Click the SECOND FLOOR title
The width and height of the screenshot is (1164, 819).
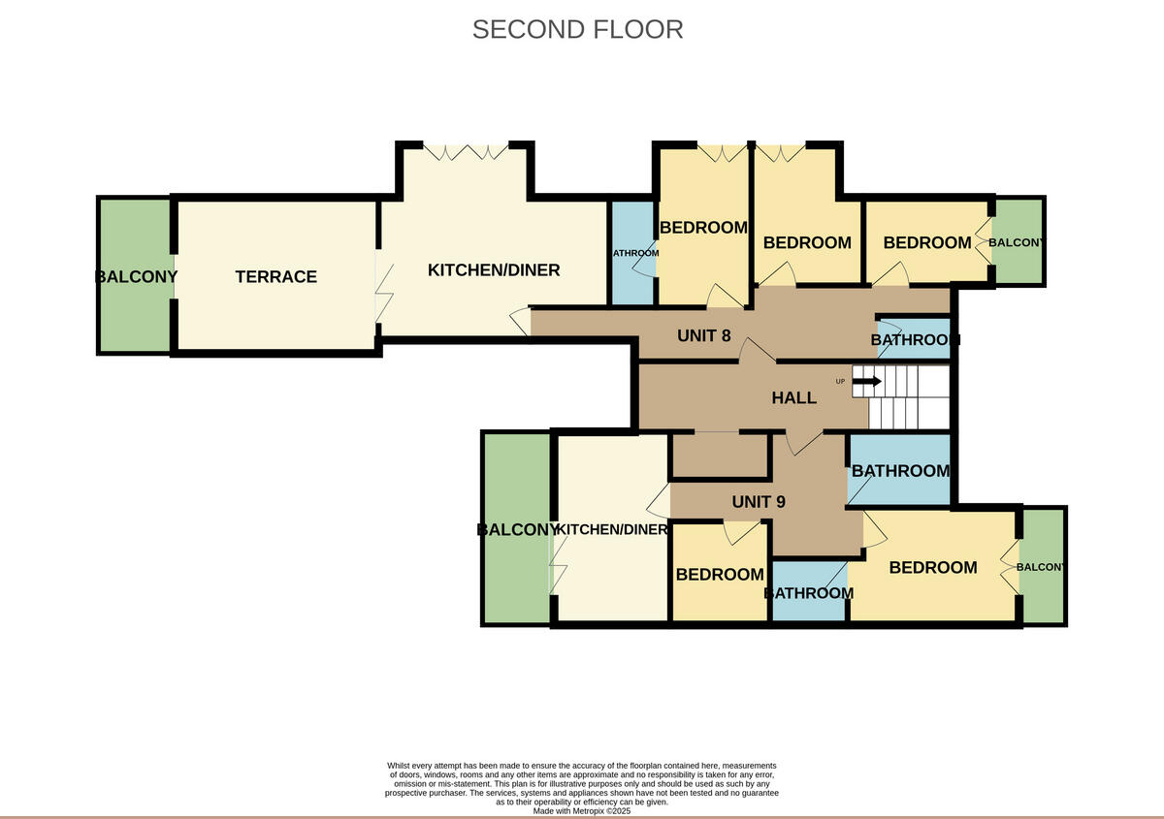577,29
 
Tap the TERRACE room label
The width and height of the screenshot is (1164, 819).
275,276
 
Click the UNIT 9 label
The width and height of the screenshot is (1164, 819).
758,501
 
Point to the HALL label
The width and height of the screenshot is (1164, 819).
793,397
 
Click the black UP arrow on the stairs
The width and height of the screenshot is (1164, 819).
866,381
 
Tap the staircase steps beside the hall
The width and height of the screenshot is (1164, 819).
908,397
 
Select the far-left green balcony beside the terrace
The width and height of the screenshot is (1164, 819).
135,276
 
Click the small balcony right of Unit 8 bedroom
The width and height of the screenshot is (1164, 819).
1018,242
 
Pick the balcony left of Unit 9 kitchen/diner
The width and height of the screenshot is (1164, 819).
517,529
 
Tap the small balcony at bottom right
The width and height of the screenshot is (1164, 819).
1043,566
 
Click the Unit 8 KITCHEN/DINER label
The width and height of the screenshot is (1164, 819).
493,269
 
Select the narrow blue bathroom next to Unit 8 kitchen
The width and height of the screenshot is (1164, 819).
632,253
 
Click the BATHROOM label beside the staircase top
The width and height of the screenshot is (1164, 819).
915,339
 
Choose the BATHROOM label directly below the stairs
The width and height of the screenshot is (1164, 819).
899,470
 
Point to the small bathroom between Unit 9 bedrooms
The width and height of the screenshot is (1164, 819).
809,592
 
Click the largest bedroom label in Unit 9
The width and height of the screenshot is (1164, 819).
932,567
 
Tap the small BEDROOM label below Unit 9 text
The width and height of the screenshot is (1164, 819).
720,574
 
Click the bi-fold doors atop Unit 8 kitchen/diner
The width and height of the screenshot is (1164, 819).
466,152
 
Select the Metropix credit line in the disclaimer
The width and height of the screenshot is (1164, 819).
582,810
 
